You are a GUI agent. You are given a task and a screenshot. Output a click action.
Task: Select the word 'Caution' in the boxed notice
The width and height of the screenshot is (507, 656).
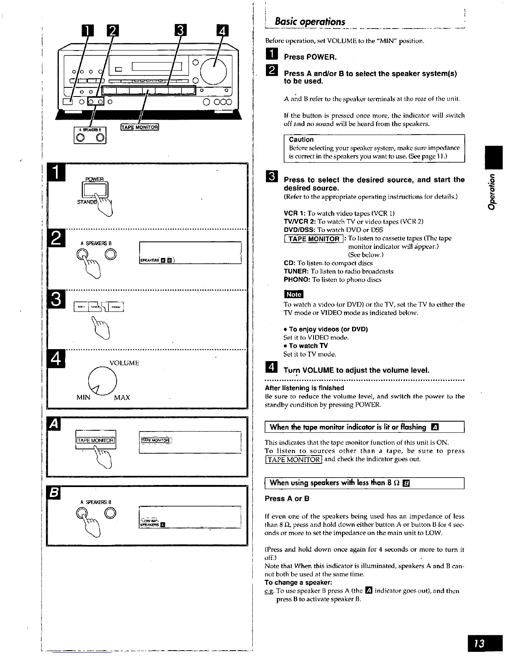pos(301,140)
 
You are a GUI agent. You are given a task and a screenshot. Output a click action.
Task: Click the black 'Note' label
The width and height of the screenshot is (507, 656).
pos(293,294)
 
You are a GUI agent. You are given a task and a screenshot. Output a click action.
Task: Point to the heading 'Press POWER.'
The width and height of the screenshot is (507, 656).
pos(310,57)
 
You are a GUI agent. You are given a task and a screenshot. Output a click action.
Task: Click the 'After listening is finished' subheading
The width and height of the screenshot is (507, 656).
pos(304,388)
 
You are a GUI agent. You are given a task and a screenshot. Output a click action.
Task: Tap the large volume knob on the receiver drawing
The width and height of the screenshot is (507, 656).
pos(214,70)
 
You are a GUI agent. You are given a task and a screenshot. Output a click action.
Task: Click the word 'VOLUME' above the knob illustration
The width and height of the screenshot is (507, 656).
pos(124,363)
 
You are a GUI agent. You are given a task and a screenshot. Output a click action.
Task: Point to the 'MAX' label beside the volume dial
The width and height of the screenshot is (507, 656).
pos(122,398)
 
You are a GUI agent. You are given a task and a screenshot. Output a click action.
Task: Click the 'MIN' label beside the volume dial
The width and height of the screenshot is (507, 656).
pos(83,398)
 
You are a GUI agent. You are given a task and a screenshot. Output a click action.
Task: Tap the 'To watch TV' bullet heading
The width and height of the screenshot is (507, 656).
pos(308,346)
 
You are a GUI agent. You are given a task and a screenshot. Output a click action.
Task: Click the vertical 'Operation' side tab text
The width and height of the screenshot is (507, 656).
pos(492,192)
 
